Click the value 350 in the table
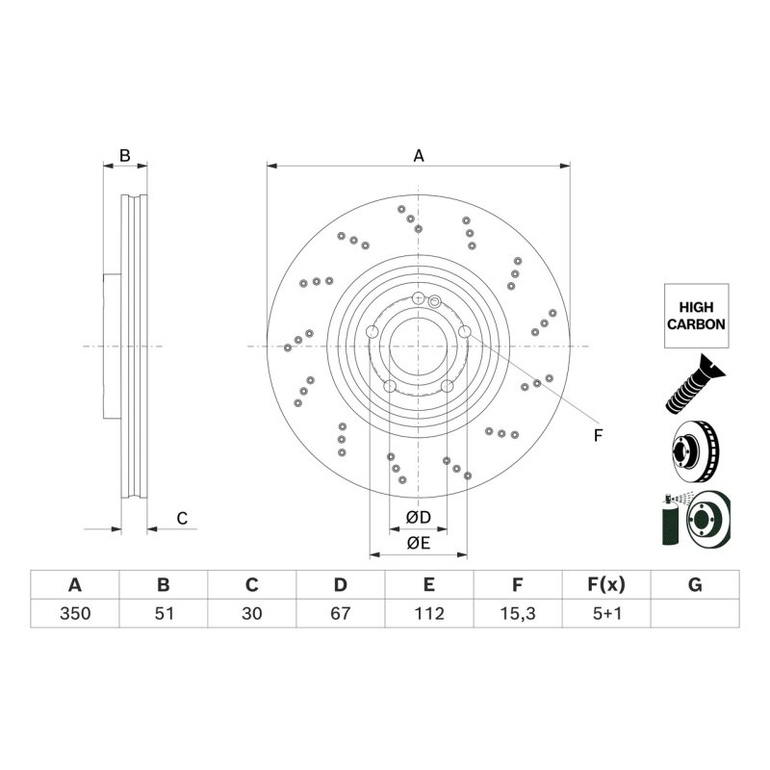tap(75, 613)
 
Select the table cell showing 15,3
tap(518, 613)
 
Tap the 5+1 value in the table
tap(606, 613)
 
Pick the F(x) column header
tap(606, 585)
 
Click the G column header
tap(695, 585)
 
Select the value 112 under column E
tap(429, 613)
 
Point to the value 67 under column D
tap(341, 613)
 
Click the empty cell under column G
tap(695, 613)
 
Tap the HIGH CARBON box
tap(696, 316)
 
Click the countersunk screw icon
tap(695, 383)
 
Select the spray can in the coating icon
tap(670, 522)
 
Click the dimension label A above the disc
tap(419, 156)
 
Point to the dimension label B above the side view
tap(125, 156)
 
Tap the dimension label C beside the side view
tap(182, 518)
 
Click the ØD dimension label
tap(419, 517)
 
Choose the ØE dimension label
tap(419, 543)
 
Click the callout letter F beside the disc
tap(598, 436)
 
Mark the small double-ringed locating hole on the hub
tap(435, 301)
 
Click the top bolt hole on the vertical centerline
tap(418, 297)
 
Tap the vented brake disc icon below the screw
tap(695, 451)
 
